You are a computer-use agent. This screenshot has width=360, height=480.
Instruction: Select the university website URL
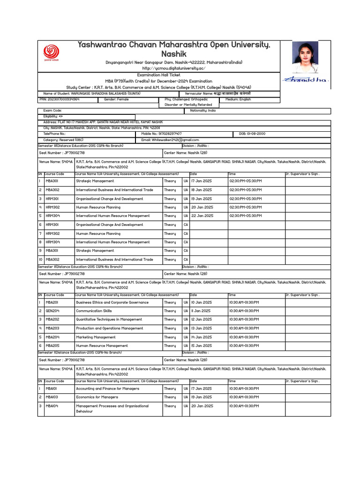tap(174, 68)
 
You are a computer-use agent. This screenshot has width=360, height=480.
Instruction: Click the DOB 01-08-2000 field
tap(252, 134)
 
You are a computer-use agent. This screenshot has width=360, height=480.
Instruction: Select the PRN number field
tap(60, 99)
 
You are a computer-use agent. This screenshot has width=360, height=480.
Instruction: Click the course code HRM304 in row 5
tap(52, 216)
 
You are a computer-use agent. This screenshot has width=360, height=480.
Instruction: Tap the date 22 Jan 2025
tap(202, 216)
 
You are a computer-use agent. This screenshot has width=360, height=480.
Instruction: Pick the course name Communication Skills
tap(94, 311)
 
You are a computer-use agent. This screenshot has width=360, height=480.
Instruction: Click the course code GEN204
tap(52, 311)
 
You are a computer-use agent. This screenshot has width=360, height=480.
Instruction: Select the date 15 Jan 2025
tap(202, 345)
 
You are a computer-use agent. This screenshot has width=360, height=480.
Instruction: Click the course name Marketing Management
tap(96, 337)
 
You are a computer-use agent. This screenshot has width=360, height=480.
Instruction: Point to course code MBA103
tap(52, 397)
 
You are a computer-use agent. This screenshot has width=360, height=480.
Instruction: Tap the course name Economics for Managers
tap(97, 397)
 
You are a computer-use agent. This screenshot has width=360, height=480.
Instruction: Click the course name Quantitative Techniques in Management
tap(109, 319)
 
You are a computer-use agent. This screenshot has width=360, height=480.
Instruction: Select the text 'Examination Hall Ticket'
tap(158, 75)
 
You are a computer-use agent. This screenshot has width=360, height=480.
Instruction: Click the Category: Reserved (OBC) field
tap(63, 140)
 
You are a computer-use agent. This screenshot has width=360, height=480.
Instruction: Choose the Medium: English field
tap(238, 99)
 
